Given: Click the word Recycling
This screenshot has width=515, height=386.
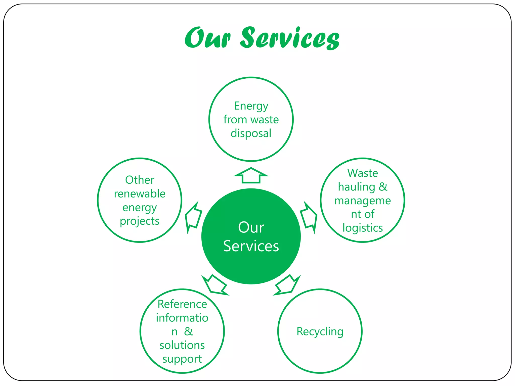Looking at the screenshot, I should [320, 331].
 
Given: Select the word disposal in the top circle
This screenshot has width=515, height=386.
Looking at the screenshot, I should [251, 133].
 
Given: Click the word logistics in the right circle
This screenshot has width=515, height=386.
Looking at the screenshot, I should [362, 228].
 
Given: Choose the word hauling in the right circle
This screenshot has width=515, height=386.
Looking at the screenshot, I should [357, 187].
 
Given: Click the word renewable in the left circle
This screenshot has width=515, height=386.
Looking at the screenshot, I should [140, 194].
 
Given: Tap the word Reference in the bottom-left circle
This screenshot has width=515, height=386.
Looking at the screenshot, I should [182, 304].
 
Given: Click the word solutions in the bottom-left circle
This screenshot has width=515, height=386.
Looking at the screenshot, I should [182, 345].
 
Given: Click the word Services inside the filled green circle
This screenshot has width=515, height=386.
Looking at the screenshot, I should [251, 246].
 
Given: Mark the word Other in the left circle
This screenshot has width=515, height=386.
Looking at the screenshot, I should [140, 180].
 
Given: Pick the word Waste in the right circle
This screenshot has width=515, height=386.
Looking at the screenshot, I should [362, 173].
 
